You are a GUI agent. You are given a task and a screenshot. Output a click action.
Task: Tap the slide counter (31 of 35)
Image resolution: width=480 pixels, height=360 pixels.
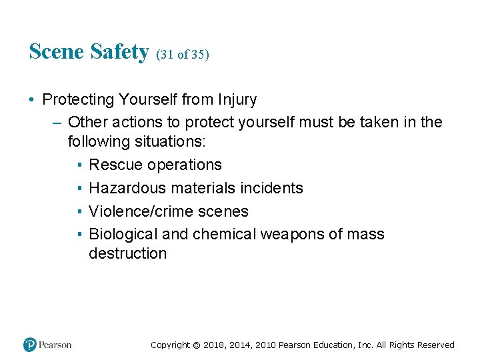pyautogui.click(x=183, y=55)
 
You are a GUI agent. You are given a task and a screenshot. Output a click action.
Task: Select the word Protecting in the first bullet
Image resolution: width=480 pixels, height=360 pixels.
pyautogui.click(x=79, y=100)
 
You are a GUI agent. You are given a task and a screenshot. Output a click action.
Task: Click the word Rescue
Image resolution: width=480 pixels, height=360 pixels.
pyautogui.click(x=116, y=165)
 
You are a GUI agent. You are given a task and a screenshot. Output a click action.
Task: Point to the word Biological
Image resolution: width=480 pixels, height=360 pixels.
pyautogui.click(x=124, y=235)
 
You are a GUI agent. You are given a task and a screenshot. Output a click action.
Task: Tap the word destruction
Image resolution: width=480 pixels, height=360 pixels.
pyautogui.click(x=127, y=253)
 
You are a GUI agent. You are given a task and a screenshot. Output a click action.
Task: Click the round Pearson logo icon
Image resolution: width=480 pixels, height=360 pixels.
pyautogui.click(x=30, y=345)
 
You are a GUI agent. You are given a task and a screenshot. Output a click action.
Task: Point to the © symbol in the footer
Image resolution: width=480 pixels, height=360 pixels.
pyautogui.click(x=195, y=345)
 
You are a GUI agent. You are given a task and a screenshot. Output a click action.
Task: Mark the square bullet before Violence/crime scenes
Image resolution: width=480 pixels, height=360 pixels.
pyautogui.click(x=79, y=212)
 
